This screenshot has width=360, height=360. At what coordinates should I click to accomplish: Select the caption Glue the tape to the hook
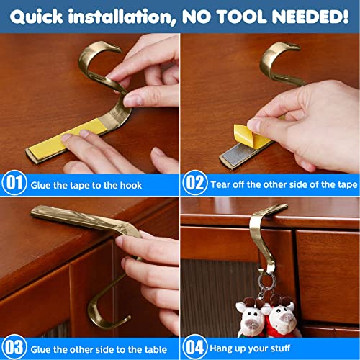tap(86, 185)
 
